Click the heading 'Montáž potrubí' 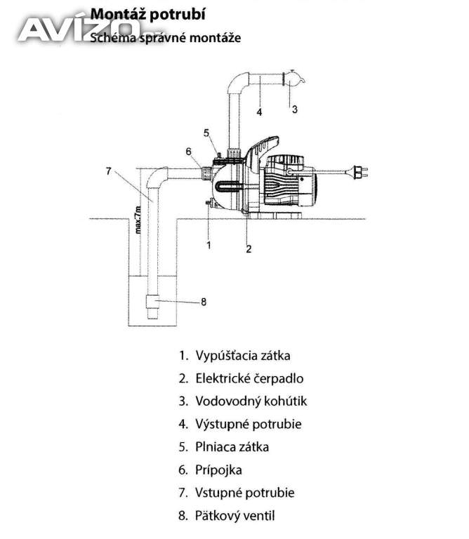(148, 15)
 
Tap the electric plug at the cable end (360, 171)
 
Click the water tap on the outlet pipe (293, 79)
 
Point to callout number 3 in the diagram (295, 109)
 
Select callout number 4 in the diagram (259, 112)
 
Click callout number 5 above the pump (206, 133)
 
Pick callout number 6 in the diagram (188, 152)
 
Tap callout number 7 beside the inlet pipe (109, 171)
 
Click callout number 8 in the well (204, 302)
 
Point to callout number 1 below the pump (209, 245)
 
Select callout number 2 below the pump (249, 249)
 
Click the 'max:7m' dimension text (138, 220)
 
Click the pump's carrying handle (263, 149)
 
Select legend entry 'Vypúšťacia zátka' (243, 355)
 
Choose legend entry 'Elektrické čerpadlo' (249, 378)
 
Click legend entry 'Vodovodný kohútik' (251, 401)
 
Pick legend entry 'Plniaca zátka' (232, 447)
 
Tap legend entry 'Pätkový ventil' (234, 516)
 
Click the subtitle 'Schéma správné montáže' (165, 37)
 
